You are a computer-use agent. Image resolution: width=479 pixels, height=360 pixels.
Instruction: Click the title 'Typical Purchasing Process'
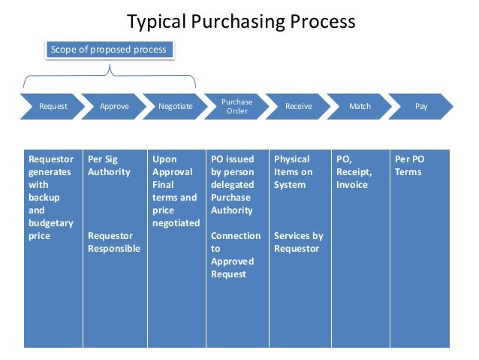(x=240, y=21)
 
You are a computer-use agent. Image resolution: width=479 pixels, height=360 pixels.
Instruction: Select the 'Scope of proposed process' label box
(x=109, y=50)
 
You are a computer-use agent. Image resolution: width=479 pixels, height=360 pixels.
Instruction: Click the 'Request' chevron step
(x=53, y=107)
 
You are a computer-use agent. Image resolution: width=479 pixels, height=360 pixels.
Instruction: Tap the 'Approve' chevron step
(x=114, y=107)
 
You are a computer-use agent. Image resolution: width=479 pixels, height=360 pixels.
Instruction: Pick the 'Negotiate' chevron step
(x=176, y=107)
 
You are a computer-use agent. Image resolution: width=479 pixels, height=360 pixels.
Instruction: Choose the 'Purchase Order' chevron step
(x=237, y=107)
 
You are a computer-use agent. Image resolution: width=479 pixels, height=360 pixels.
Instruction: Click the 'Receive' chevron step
(x=299, y=107)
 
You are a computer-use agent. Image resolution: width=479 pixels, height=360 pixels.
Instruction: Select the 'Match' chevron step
(x=360, y=107)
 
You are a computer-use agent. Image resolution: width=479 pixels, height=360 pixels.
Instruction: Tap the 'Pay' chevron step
(x=421, y=107)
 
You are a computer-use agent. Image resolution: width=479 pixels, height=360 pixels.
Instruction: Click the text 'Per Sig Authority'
(x=109, y=165)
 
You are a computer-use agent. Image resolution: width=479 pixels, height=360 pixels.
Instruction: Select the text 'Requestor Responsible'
(x=113, y=242)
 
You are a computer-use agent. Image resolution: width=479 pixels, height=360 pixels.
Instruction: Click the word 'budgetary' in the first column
(x=50, y=223)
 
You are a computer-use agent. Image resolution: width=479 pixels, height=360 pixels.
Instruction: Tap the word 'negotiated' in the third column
(x=176, y=223)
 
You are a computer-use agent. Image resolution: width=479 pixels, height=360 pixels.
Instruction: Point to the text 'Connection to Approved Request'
(x=235, y=255)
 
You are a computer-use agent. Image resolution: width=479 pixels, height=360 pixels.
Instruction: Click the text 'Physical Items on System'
(x=292, y=172)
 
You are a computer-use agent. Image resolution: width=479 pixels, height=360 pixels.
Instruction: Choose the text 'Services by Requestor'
(x=298, y=242)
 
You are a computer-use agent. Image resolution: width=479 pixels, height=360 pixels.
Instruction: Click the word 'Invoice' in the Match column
(x=352, y=185)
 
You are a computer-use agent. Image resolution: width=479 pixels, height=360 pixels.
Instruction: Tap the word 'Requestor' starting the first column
(x=51, y=159)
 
